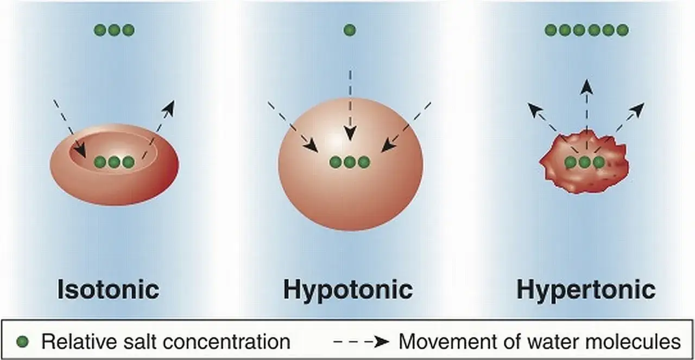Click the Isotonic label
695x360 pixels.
[x=108, y=289]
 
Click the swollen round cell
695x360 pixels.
[x=350, y=165]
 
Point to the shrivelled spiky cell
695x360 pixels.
[x=584, y=163]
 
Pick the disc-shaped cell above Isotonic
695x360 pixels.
[x=114, y=165]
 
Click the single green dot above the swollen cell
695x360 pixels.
[x=350, y=30]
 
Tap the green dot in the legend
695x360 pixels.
[x=22, y=342]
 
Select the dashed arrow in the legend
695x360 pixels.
[x=361, y=342]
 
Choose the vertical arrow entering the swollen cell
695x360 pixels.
[x=350, y=105]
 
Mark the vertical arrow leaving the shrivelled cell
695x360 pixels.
[x=586, y=115]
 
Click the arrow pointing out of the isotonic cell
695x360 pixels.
[x=158, y=129]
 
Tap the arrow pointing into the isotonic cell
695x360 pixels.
[x=70, y=128]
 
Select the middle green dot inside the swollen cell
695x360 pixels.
[x=350, y=162]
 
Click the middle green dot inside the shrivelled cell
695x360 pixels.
[x=585, y=162]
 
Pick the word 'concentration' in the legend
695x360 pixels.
[x=226, y=342]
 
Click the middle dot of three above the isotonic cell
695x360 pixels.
[x=114, y=30]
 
